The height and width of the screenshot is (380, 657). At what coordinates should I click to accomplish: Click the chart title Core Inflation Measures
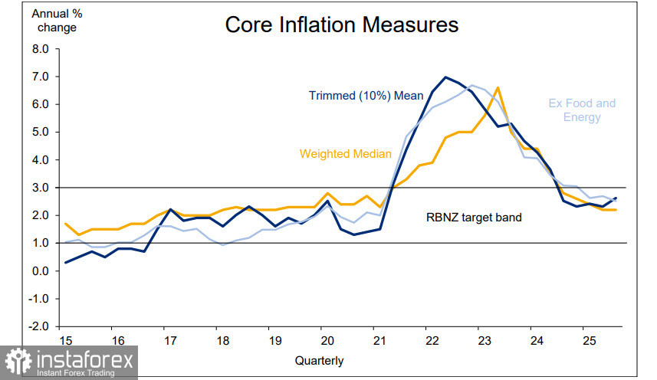tap(341, 25)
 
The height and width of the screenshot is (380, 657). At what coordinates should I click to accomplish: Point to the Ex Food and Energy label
tap(582, 110)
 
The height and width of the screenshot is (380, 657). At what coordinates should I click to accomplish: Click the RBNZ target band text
tap(473, 217)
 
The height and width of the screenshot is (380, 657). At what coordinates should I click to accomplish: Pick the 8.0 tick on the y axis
tap(41, 49)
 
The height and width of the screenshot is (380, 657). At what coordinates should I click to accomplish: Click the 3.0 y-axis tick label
tap(41, 188)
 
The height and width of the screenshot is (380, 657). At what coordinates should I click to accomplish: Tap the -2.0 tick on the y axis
tap(38, 326)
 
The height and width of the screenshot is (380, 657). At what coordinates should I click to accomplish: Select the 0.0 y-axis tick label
tap(41, 270)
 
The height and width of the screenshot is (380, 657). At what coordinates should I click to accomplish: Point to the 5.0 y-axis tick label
tap(41, 132)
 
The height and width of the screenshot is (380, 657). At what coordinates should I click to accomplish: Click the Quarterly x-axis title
tap(319, 360)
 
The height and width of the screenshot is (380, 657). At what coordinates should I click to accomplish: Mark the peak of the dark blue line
tap(445, 77)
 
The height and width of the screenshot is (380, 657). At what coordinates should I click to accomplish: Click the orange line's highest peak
tap(498, 87)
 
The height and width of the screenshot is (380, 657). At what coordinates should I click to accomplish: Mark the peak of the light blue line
tap(472, 85)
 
